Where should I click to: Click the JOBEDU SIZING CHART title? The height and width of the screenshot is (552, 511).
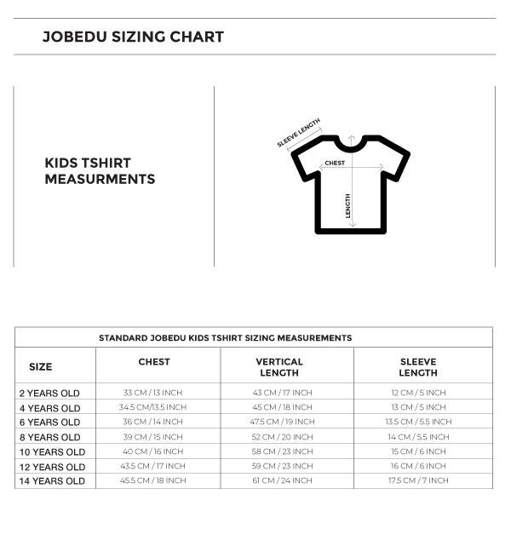tap(133, 37)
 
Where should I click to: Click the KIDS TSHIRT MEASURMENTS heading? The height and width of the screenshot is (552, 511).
tap(100, 171)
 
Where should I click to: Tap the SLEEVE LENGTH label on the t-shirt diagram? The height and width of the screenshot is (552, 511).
tap(298, 133)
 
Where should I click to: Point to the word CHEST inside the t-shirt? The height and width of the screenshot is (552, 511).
tap(335, 163)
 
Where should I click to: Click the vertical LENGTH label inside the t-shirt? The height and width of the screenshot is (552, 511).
tap(347, 206)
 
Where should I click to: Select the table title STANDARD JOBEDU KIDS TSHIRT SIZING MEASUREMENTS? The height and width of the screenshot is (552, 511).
tap(225, 338)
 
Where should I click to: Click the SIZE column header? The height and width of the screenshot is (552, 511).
tap(40, 367)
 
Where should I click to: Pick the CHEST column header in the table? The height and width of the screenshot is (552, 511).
tap(154, 362)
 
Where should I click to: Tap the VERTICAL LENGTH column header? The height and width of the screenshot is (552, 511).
tap(279, 367)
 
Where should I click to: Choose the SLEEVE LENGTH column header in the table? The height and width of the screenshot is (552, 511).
tap(418, 367)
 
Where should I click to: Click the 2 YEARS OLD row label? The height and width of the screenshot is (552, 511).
tap(49, 394)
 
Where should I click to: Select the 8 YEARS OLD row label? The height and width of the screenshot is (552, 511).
tap(49, 438)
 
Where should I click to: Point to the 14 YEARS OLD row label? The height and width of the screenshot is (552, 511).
tap(52, 481)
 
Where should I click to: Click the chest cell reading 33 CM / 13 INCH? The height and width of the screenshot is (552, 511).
tap(153, 393)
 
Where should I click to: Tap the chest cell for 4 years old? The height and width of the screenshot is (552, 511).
tap(153, 407)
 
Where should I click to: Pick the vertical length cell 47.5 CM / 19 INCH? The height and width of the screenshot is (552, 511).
tap(282, 422)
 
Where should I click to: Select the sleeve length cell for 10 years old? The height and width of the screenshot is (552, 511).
tap(418, 451)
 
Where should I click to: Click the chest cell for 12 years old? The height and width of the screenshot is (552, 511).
tap(153, 466)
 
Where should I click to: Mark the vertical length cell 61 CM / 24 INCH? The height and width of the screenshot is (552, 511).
tap(282, 480)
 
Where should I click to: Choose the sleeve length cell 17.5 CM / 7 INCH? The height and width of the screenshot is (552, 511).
tap(418, 480)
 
